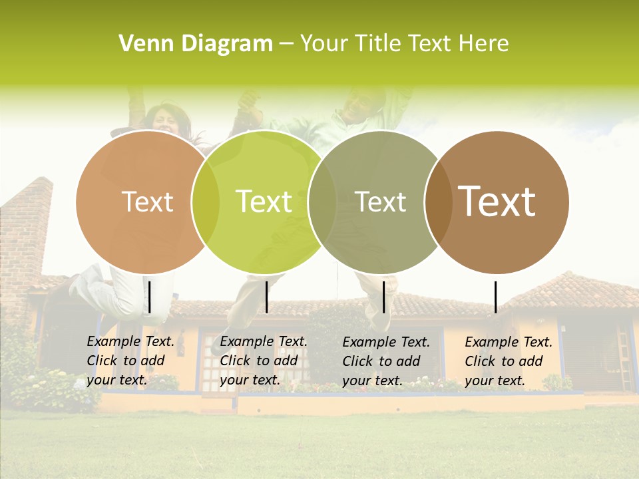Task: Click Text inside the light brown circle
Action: coord(148,202)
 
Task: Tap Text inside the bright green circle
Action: coord(264,202)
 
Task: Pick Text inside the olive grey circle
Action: coord(381,202)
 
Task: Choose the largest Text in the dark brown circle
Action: coord(497,202)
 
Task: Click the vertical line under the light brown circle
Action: coord(150,297)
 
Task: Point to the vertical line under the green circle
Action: coord(266,297)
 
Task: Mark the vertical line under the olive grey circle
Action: coord(384,297)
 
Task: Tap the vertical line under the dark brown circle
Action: coord(495,297)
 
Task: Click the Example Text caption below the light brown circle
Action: coord(130,361)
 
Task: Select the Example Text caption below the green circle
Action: coord(264,361)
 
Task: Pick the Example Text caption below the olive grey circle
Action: coord(386,361)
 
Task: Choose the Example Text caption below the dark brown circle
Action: coord(509,361)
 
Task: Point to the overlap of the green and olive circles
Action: coord(323,202)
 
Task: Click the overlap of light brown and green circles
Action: coord(206,202)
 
